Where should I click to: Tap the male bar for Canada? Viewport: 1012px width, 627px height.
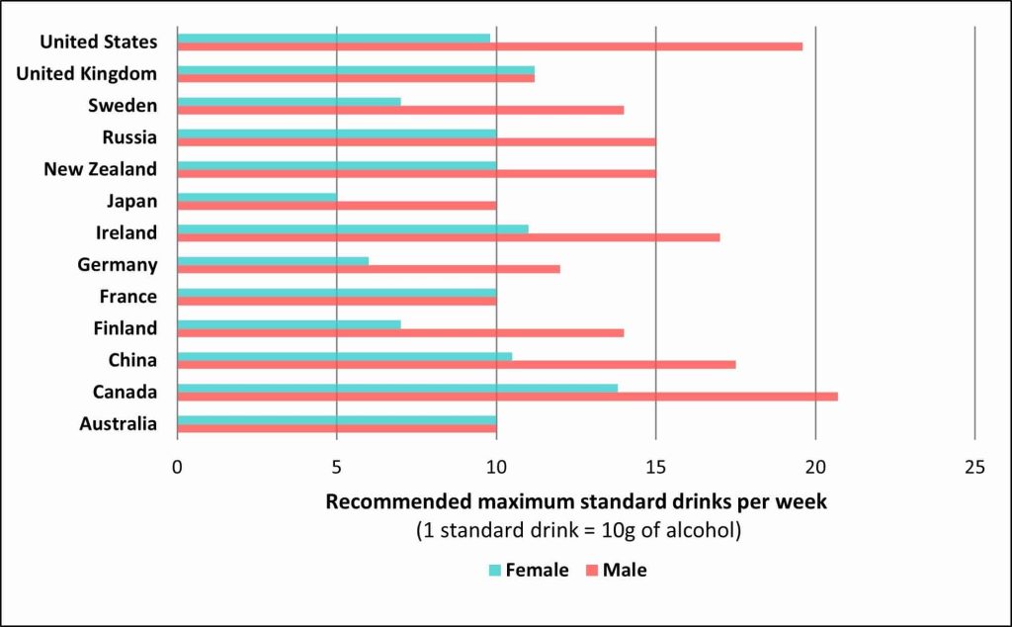pyautogui.click(x=507, y=397)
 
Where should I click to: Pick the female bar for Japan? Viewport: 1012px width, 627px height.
pyautogui.click(x=257, y=197)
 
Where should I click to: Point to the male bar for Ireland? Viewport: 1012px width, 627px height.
pyautogui.click(x=448, y=237)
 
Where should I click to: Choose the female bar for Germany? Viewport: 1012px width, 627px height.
pyautogui.click(x=273, y=260)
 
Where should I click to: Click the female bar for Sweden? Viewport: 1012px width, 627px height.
pyautogui.click(x=289, y=101)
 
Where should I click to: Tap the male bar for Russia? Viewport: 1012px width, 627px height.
pyautogui.click(x=416, y=141)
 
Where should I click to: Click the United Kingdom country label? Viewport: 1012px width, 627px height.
pyautogui.click(x=87, y=73)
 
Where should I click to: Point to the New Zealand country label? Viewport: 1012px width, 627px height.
pyautogui.click(x=100, y=169)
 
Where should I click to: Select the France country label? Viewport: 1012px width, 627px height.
pyautogui.click(x=127, y=297)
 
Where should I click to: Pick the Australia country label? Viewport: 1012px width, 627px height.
pyautogui.click(x=118, y=424)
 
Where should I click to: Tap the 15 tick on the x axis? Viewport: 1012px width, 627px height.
pyautogui.click(x=655, y=467)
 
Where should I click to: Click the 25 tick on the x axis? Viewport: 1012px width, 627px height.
pyautogui.click(x=974, y=467)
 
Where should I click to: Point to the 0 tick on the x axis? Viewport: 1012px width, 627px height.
pyautogui.click(x=178, y=467)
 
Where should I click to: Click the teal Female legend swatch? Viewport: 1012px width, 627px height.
pyautogui.click(x=495, y=571)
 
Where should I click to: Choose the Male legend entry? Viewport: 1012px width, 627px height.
pyautogui.click(x=616, y=571)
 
